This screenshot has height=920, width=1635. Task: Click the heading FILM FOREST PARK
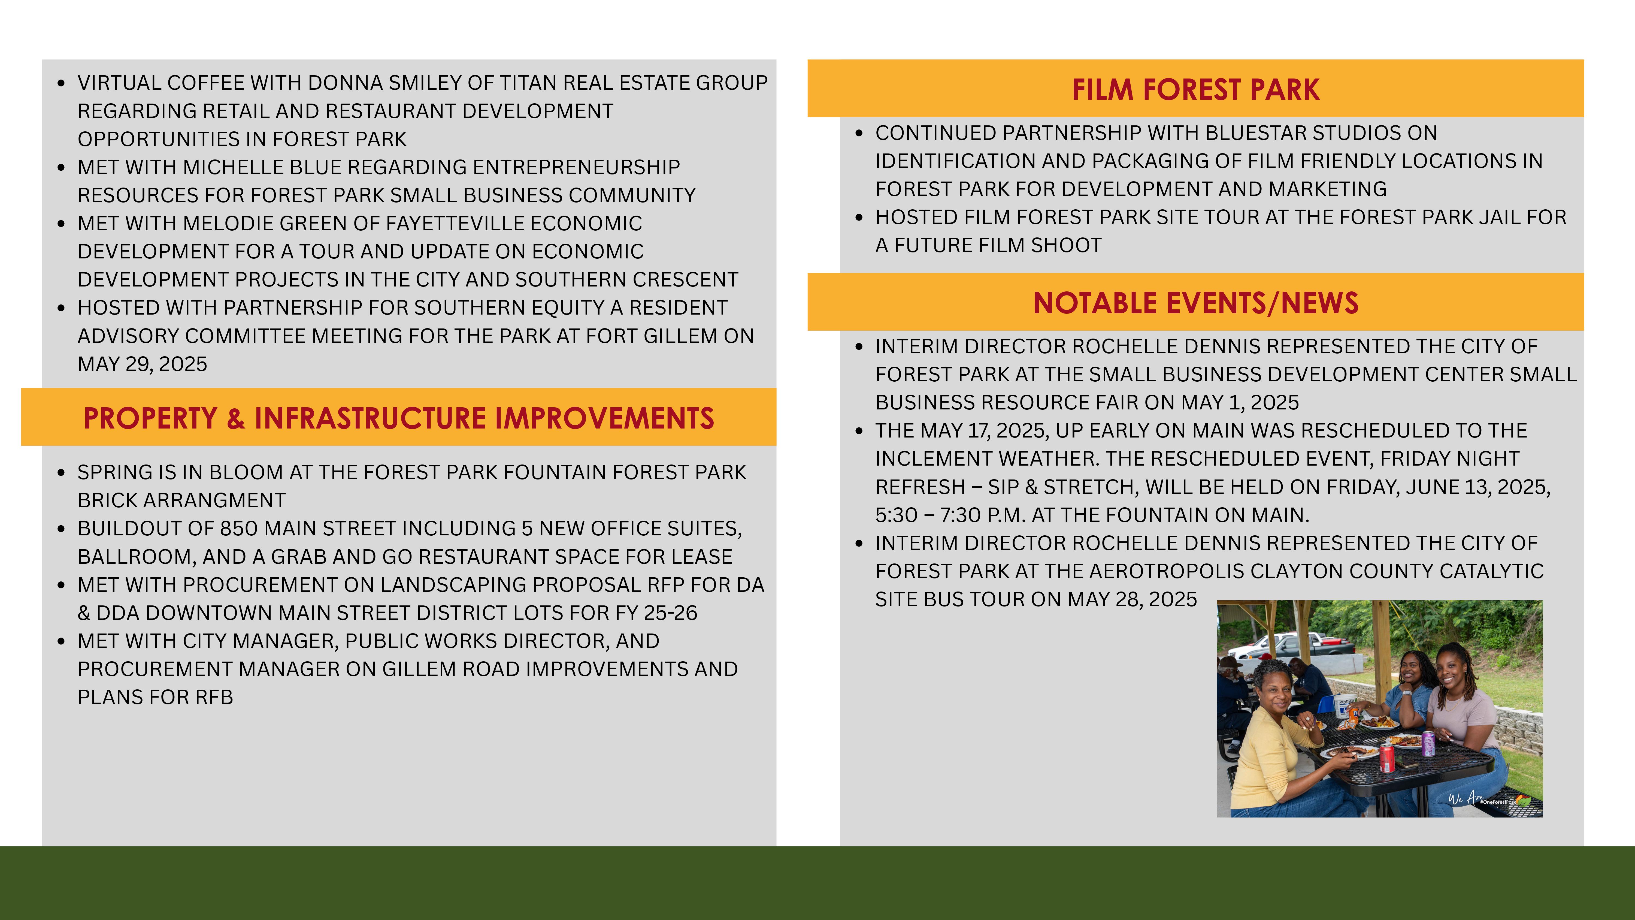[x=1196, y=89]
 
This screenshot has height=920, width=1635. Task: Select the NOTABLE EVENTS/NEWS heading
[x=1196, y=303]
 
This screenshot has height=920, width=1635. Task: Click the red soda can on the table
[x=1387, y=759]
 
